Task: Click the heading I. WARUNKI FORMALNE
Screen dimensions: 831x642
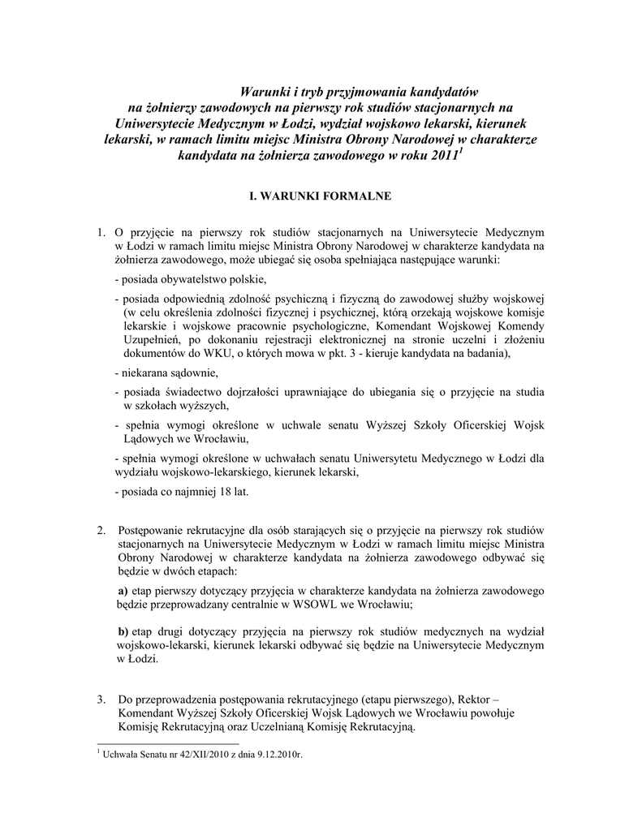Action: (x=320, y=196)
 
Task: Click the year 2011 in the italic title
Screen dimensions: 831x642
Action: (x=444, y=155)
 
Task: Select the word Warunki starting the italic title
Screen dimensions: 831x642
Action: (x=268, y=90)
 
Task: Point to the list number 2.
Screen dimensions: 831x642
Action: (x=101, y=531)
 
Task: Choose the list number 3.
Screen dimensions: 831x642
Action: (x=101, y=699)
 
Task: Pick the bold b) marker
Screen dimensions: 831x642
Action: (x=123, y=631)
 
